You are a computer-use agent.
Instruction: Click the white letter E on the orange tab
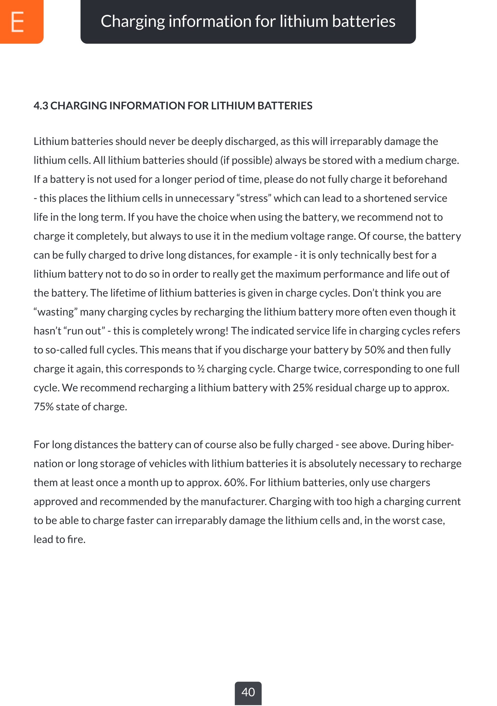18,22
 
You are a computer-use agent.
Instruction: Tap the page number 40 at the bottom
248,692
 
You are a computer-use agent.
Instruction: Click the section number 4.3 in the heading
41,106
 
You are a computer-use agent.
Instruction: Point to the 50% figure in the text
374,350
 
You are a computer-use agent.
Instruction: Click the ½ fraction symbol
201,369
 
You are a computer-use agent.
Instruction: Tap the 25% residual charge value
302,388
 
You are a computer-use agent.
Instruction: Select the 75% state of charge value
44,407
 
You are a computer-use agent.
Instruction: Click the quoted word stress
254,198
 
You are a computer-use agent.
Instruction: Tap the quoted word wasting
55,312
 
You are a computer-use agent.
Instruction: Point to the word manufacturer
233,502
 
